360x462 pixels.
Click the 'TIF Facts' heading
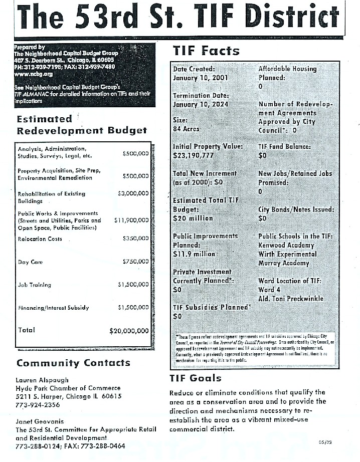point(206,51)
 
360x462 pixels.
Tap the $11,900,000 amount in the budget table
point(131,220)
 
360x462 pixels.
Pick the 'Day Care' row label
point(30,262)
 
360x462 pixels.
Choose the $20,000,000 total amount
point(129,331)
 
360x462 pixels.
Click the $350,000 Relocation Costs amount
point(135,239)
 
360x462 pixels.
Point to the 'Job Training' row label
point(34,285)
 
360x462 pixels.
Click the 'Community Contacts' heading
point(73,363)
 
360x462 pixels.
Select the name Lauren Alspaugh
point(42,380)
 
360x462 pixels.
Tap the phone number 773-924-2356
point(38,405)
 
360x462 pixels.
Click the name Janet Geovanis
point(40,421)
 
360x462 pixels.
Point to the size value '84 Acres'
point(186,129)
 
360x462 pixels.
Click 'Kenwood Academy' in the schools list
point(286,246)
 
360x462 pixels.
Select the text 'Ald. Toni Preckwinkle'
point(291,299)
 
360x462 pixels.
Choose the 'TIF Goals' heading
point(196,378)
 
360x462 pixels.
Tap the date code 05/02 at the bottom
point(325,442)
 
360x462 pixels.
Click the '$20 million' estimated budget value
point(193,218)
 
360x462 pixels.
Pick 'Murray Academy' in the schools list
point(284,263)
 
